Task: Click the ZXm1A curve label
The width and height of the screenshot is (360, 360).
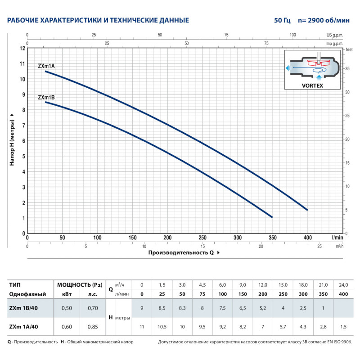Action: pyautogui.click(x=46, y=66)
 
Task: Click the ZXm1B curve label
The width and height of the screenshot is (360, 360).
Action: pyautogui.click(x=46, y=97)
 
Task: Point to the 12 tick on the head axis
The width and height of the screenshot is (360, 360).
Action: pyautogui.click(x=22, y=48)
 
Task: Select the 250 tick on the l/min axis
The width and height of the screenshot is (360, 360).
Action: pyautogui.click(x=202, y=237)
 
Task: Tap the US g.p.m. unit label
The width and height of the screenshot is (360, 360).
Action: pyautogui.click(x=335, y=35)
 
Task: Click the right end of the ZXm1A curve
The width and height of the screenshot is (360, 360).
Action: pyautogui.click(x=307, y=210)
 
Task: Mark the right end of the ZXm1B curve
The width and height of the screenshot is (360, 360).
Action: pyautogui.click(x=272, y=217)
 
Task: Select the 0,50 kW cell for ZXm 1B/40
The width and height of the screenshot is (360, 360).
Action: pyautogui.click(x=66, y=308)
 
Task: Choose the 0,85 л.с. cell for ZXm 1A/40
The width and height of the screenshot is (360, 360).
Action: pyautogui.click(x=93, y=328)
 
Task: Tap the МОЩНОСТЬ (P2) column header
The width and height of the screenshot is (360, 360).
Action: pyautogui.click(x=80, y=285)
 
